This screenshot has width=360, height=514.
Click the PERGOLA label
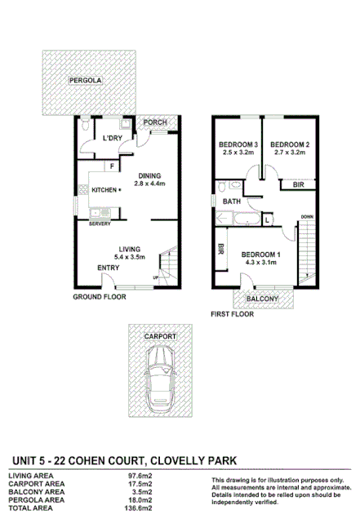coord(86,81)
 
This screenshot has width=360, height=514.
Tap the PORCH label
coord(155,123)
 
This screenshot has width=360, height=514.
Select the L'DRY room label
coord(112,138)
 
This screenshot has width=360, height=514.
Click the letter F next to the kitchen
coord(112,166)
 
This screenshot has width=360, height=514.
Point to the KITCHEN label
coord(104,190)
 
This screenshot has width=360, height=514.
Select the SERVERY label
coord(100,223)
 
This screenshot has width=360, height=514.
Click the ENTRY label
coord(108,268)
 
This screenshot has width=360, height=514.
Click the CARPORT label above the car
coord(160,336)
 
